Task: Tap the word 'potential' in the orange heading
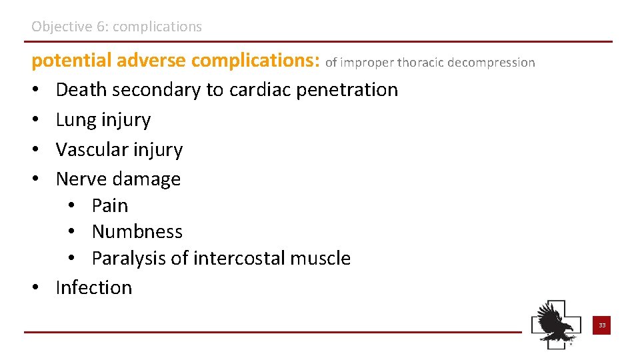pos(71,61)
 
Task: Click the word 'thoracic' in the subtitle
pos(421,63)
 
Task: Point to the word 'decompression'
pos(491,63)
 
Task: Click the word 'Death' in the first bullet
pos(79,89)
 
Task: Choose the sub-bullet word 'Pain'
pos(110,205)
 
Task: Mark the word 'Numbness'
pos(137,231)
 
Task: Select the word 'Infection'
pos(94,287)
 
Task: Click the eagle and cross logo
pos(556,324)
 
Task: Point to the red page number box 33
pos(601,325)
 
